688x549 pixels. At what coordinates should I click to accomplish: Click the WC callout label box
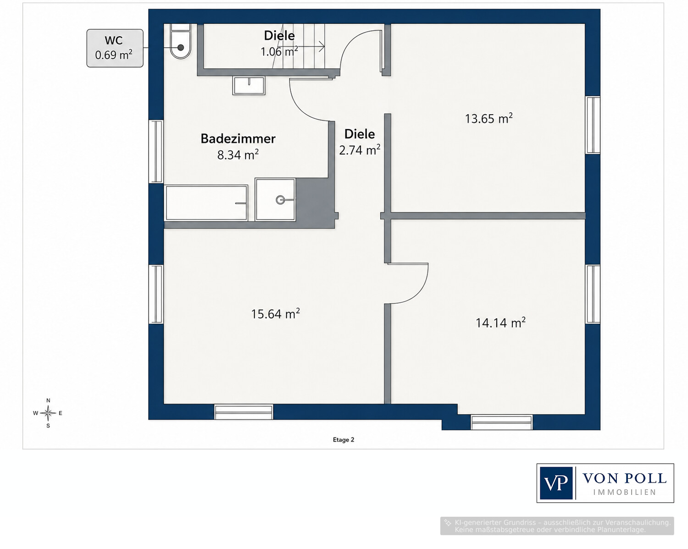click(115, 48)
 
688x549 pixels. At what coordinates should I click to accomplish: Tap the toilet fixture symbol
click(181, 42)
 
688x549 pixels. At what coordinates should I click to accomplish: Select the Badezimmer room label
click(238, 139)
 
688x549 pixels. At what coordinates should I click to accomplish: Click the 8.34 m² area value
click(238, 155)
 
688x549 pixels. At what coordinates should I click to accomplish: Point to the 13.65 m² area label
click(488, 118)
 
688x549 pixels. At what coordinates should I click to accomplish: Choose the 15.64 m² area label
click(275, 314)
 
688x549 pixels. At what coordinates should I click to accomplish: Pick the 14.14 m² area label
click(500, 322)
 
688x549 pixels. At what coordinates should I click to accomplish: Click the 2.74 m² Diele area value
click(360, 150)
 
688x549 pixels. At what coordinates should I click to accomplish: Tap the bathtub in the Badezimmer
click(206, 203)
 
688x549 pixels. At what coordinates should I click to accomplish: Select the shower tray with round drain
click(275, 200)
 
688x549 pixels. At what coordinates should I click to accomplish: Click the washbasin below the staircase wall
click(249, 85)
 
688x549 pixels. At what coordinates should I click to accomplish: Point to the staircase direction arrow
click(307, 47)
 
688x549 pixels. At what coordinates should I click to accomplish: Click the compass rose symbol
click(48, 413)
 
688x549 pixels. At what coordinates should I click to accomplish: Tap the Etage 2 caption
click(344, 440)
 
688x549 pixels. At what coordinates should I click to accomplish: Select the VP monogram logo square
click(556, 483)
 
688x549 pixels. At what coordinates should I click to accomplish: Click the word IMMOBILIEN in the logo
click(625, 493)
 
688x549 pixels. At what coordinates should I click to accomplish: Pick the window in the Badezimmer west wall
click(156, 151)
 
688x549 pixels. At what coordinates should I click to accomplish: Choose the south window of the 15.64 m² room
click(244, 412)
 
